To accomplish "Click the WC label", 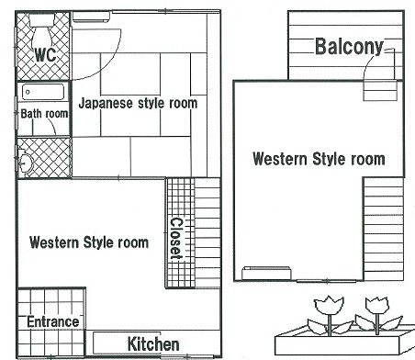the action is click(46, 55).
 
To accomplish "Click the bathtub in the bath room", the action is click(43, 92).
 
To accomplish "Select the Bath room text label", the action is click(44, 114).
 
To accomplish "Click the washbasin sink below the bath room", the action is click(26, 162).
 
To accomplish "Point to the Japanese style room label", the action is click(138, 103).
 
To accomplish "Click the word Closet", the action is click(176, 239).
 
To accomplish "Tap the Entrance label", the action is click(53, 321).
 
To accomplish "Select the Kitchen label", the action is click(153, 343).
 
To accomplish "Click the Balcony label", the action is click(349, 47).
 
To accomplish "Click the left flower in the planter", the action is click(330, 315).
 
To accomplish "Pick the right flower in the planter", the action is click(378, 315).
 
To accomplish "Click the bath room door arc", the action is click(52, 127).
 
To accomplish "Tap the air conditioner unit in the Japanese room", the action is click(91, 17).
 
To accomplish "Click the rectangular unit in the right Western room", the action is click(266, 273).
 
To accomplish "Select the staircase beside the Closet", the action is click(207, 233).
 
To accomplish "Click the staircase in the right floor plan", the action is click(384, 229).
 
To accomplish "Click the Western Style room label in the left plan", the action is click(89, 242).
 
